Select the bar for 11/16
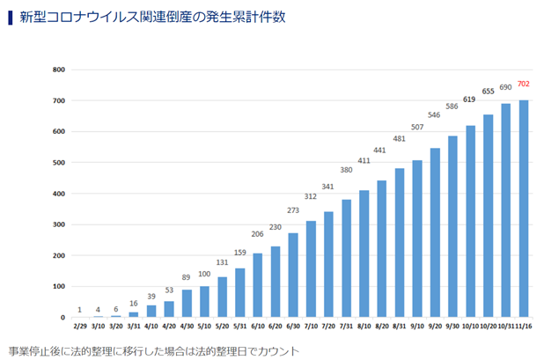point(524,209)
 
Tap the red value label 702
point(524,84)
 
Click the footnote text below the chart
point(154,349)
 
